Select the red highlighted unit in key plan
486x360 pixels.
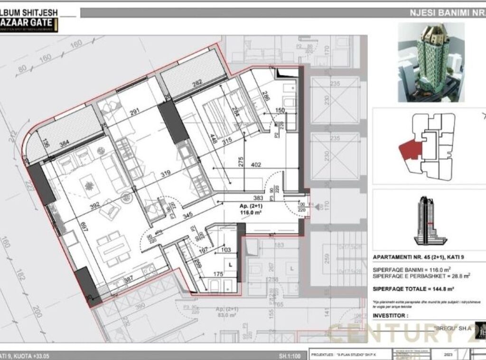coord(410,152)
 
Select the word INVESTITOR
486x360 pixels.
coord(391,315)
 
